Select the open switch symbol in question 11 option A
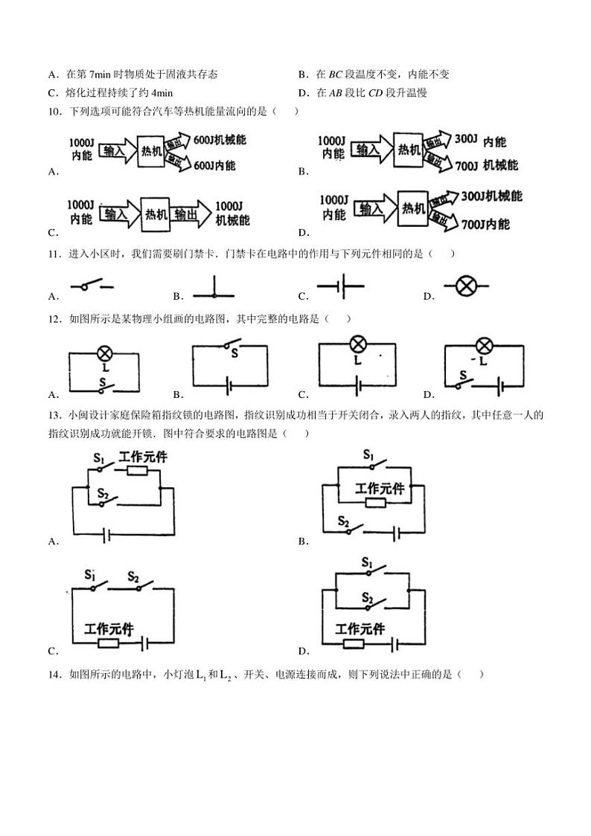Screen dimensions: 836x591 tap(92, 286)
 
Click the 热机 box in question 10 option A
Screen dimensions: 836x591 tap(151, 150)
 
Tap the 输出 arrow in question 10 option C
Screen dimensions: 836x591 tap(186, 214)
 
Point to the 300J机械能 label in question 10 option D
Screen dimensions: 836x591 tap(491, 196)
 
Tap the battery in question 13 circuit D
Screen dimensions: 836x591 tap(396, 643)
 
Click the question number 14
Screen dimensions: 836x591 tap(54, 675)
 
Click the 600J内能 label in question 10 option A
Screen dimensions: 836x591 tap(214, 165)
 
